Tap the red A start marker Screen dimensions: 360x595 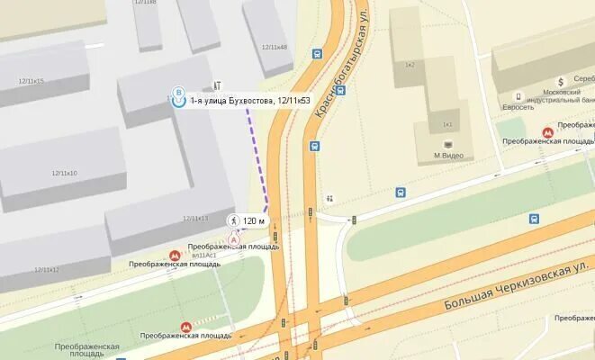(235, 239)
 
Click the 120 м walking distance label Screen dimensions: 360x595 (255, 220)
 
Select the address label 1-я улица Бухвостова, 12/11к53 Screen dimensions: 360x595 (249, 101)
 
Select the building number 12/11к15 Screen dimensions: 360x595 (32, 81)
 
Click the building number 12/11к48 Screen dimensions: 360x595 (274, 47)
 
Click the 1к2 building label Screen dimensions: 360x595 (410, 65)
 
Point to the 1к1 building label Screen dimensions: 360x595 (446, 124)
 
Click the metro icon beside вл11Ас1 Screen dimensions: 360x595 (176, 256)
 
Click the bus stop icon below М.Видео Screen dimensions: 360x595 (401, 192)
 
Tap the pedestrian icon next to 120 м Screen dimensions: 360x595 (233, 220)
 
